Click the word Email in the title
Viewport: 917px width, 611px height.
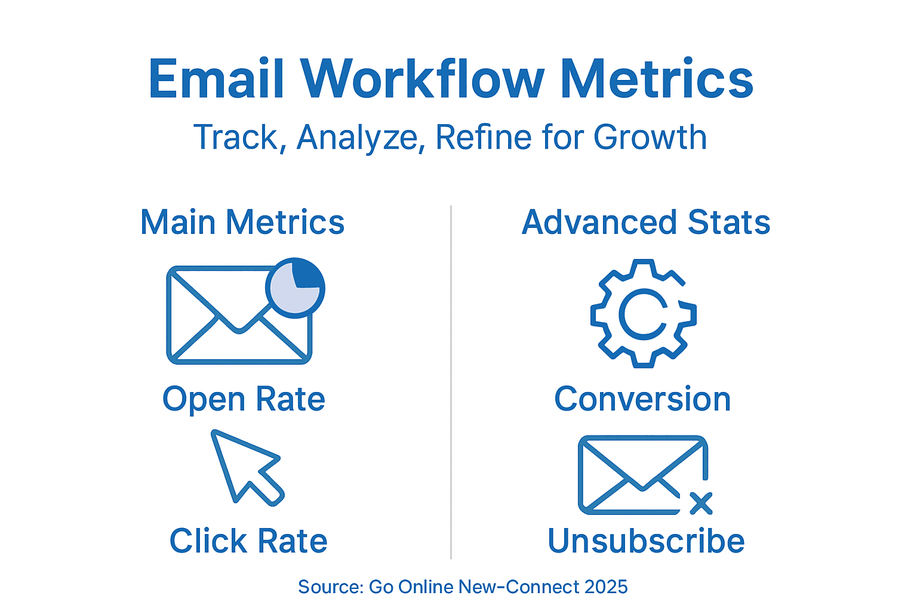click(216, 79)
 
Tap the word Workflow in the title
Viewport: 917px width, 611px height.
click(422, 79)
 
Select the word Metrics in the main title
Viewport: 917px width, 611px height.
click(657, 79)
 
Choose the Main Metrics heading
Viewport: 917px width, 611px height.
click(242, 223)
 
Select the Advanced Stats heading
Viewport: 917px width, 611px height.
click(646, 223)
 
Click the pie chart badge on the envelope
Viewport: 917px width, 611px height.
click(295, 288)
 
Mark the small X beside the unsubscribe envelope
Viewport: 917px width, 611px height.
click(701, 503)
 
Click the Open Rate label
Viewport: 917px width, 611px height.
click(244, 399)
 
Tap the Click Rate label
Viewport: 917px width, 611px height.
click(248, 541)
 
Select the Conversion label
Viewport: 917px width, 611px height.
click(642, 399)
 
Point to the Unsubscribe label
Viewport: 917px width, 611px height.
click(646, 541)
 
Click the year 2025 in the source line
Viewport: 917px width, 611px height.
click(606, 587)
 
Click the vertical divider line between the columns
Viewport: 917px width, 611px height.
click(451, 382)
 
